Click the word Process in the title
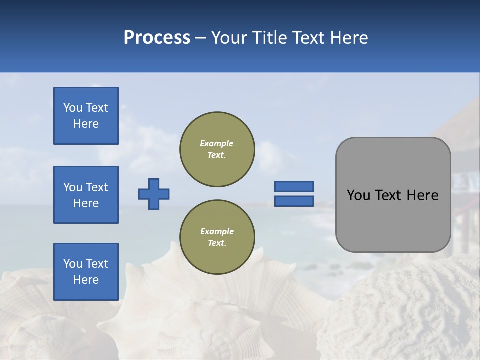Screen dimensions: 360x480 [157, 38]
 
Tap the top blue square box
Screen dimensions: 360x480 [86, 116]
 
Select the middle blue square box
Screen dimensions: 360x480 [86, 195]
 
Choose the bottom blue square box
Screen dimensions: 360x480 [86, 272]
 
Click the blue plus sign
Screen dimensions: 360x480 [154, 194]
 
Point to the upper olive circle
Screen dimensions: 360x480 [217, 149]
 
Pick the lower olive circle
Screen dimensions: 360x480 [217, 237]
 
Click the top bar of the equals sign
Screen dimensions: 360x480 [294, 187]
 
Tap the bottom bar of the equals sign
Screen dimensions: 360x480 [294, 201]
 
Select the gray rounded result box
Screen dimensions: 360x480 [393, 195]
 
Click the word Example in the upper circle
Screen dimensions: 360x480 [216, 143]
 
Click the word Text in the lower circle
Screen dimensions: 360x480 [216, 243]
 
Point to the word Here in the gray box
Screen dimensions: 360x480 [422, 195]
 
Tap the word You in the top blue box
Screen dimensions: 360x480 [73, 108]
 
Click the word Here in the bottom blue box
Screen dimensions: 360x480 [86, 280]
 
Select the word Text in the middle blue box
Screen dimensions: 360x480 [97, 187]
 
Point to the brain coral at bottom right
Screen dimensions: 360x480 [405, 310]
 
